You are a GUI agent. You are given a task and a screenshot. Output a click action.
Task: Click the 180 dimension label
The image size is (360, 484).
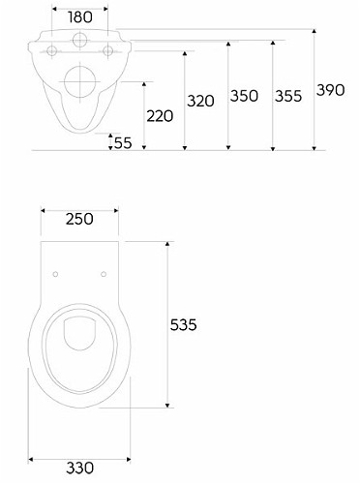click(x=80, y=17)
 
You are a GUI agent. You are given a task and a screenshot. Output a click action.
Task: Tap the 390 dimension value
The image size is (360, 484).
click(x=331, y=90)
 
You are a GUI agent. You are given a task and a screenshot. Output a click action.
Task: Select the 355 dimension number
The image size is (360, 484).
click(x=288, y=96)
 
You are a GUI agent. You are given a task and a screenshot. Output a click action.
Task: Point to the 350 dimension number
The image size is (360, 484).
click(x=244, y=96)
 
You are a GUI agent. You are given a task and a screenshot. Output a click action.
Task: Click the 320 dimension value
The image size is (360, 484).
click(x=200, y=101)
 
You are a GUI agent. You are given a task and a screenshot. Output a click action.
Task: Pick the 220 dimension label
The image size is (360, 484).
click(x=160, y=116)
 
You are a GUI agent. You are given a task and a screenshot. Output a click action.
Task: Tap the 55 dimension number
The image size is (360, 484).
click(x=123, y=143)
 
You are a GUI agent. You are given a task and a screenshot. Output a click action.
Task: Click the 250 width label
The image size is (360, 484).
click(x=79, y=219)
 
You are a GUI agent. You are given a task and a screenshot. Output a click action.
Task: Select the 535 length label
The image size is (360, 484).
click(x=184, y=324)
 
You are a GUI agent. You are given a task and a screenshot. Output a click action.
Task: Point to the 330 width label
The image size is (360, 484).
click(x=80, y=468)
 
